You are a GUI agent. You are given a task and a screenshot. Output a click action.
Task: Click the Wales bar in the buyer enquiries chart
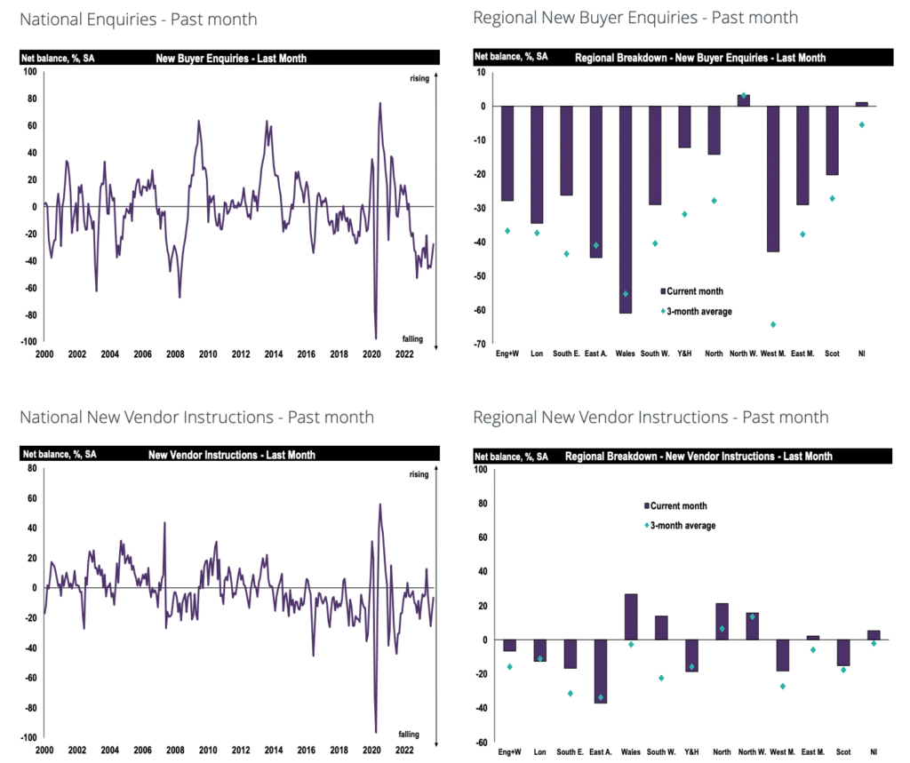click(x=626, y=210)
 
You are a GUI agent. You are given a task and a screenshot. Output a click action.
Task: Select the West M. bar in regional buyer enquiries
click(x=773, y=179)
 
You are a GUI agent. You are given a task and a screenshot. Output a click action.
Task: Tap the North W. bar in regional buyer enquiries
click(x=743, y=100)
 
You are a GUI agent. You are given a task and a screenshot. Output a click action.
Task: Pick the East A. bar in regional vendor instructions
click(x=600, y=672)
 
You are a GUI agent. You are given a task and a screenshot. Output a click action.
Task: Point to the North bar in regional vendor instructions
click(x=722, y=622)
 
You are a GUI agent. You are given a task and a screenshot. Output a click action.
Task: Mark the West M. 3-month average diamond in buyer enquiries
click(x=773, y=324)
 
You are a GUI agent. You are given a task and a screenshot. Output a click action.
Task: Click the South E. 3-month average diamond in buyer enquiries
click(x=566, y=254)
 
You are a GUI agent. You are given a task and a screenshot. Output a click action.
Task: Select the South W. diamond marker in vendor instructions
click(x=661, y=678)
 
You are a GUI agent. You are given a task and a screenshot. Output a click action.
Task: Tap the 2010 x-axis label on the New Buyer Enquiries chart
click(x=207, y=354)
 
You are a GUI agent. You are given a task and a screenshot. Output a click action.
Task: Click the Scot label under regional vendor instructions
click(x=844, y=751)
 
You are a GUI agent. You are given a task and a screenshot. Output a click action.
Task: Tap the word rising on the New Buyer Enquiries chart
click(x=419, y=79)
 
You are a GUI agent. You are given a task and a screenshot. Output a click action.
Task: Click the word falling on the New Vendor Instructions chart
click(x=409, y=735)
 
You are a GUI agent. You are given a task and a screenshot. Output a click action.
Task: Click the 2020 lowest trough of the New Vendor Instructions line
click(x=376, y=732)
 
